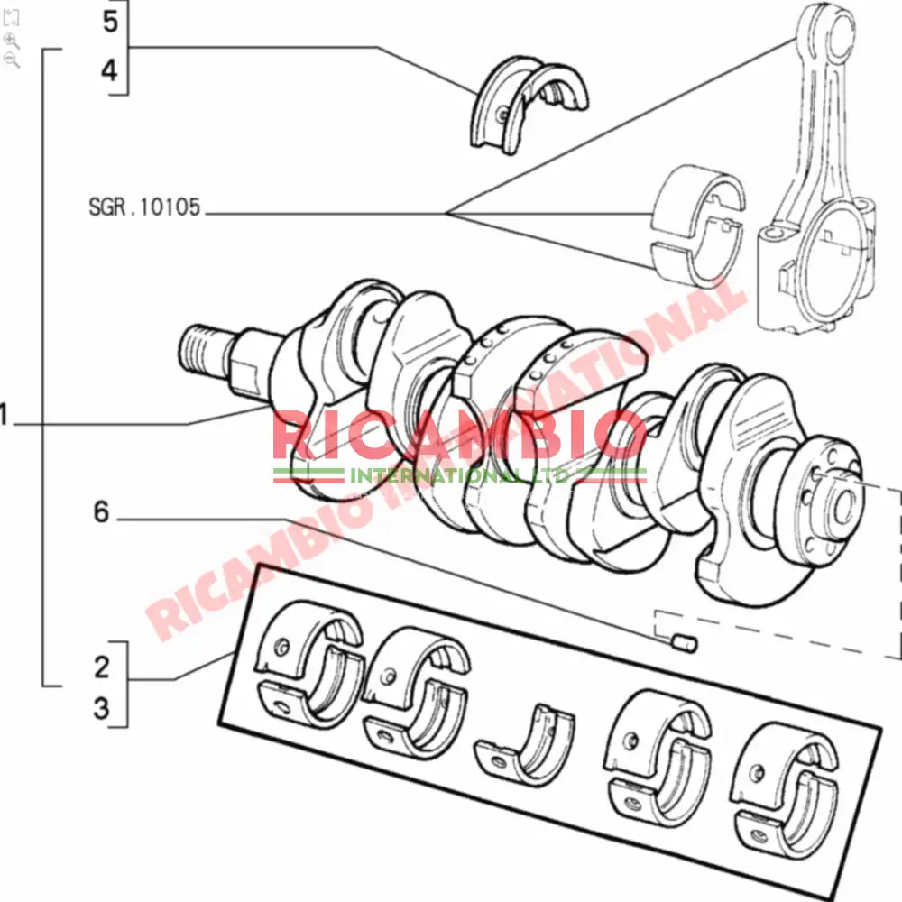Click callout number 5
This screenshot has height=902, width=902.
tap(110, 22)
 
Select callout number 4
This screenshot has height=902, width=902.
tap(110, 69)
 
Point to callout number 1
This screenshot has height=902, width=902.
tap(5, 416)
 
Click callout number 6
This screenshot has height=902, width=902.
tap(101, 512)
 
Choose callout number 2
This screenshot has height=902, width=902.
tap(102, 667)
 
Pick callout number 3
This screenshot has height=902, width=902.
tap(102, 708)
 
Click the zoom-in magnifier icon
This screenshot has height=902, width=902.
tap(12, 40)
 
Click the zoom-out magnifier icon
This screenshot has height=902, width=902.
tap(12, 60)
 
